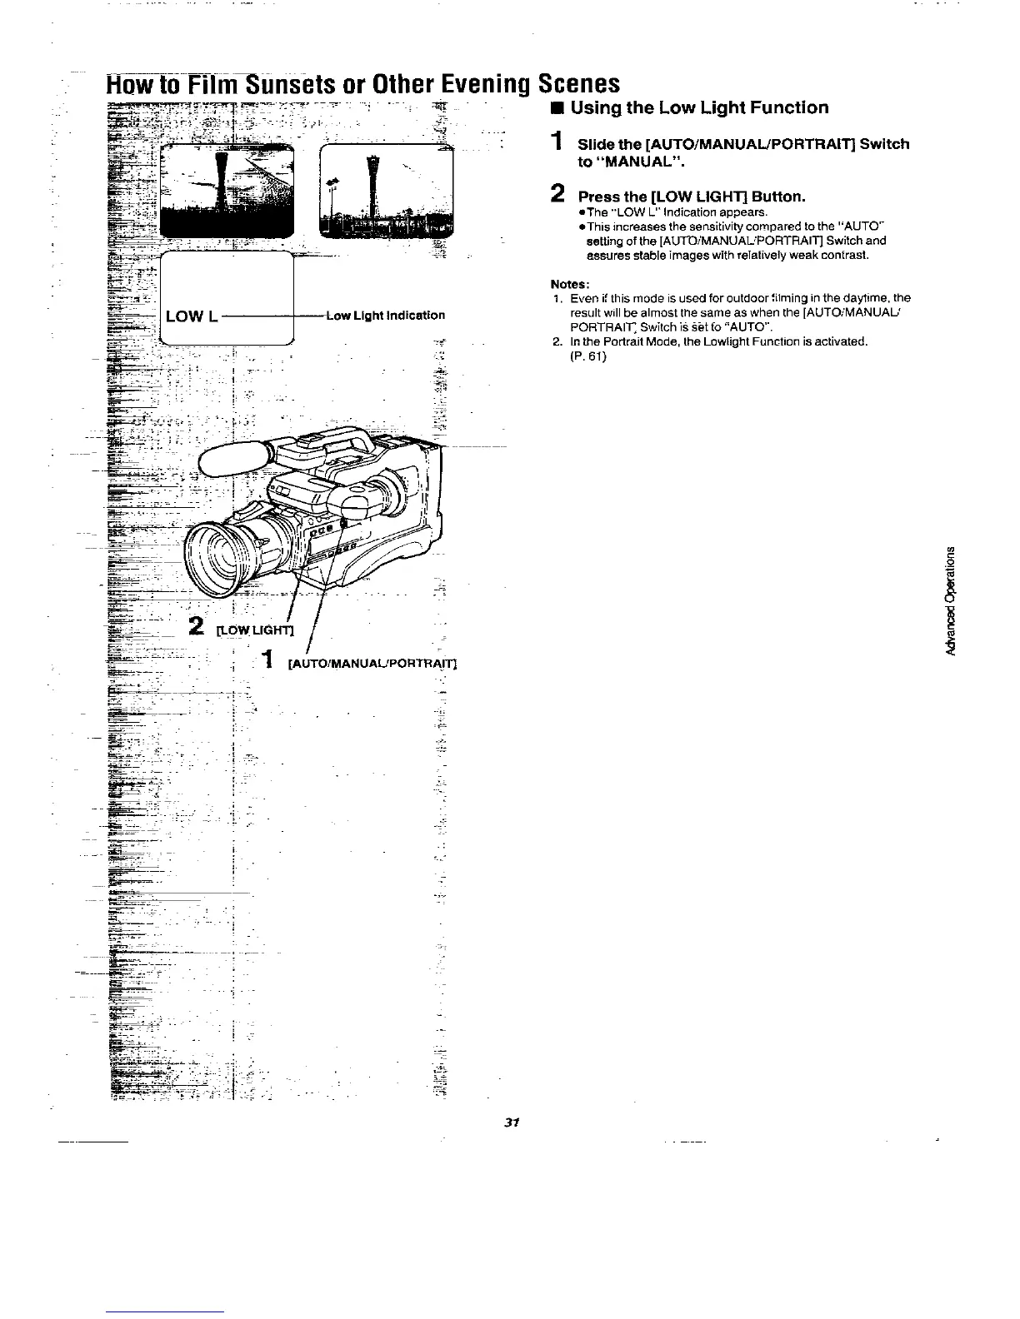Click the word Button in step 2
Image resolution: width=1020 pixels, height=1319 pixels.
click(x=776, y=197)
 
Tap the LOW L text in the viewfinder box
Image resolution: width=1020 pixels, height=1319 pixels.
click(x=192, y=316)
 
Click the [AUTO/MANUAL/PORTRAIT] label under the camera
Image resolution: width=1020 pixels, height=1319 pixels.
click(x=372, y=664)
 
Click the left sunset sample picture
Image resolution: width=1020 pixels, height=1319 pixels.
click(x=227, y=190)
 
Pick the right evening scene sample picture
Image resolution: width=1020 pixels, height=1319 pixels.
click(x=386, y=190)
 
